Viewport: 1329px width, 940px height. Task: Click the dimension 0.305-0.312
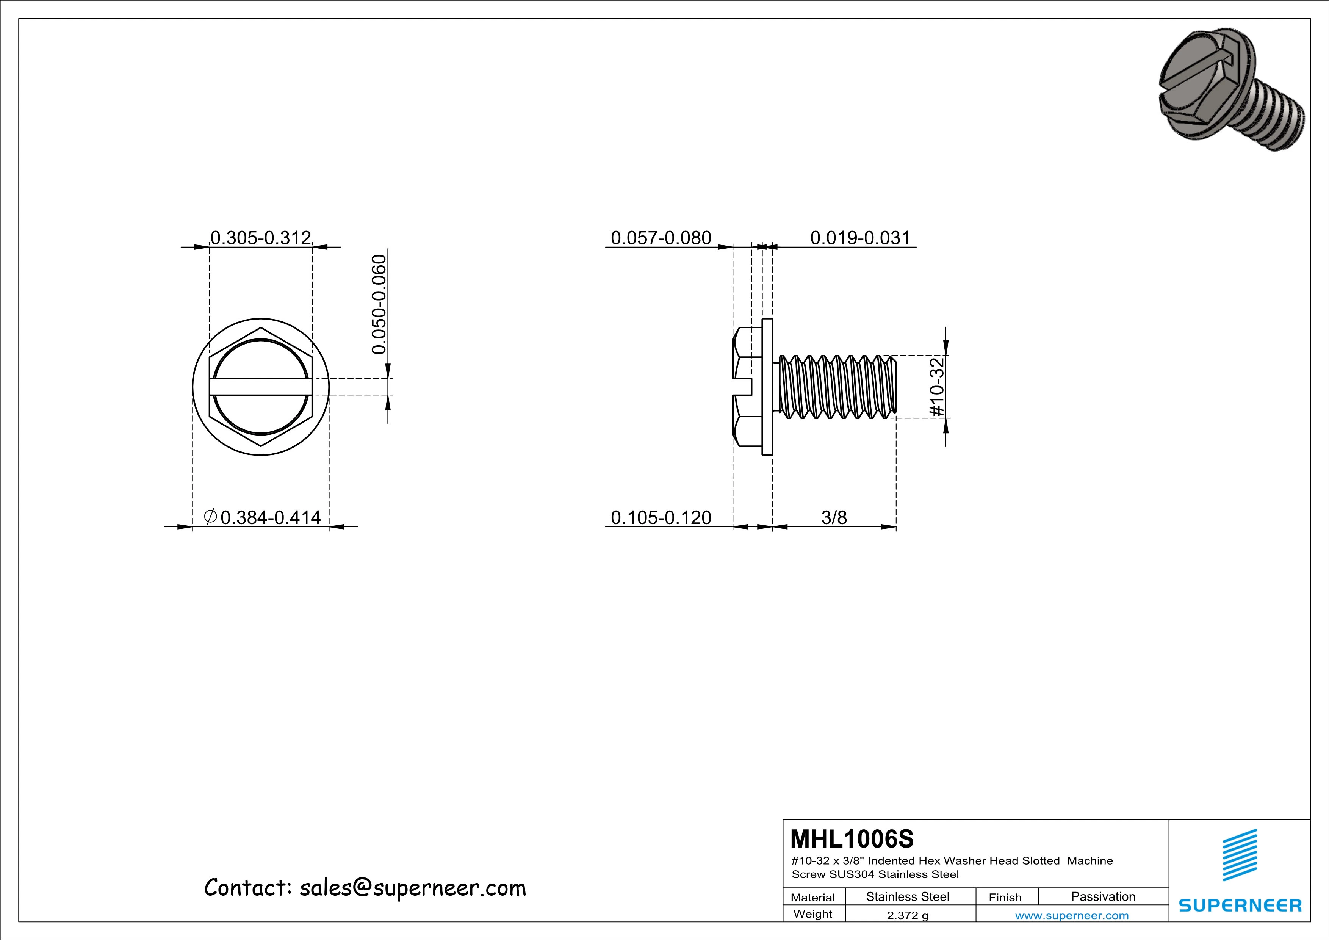[260, 238]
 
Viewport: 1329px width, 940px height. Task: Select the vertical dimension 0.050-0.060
[379, 304]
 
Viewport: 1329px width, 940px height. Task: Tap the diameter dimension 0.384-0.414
[270, 517]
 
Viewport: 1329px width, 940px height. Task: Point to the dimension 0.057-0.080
[661, 238]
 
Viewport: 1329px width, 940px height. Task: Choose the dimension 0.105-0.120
[661, 517]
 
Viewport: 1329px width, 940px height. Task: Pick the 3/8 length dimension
[834, 517]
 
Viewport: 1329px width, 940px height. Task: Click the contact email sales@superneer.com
[412, 888]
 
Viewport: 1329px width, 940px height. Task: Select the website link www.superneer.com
[1071, 916]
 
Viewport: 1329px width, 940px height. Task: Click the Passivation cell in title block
[1103, 896]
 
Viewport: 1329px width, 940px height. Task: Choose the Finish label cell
[1005, 897]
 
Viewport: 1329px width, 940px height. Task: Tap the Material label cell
[813, 897]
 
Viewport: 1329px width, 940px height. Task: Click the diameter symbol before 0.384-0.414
[211, 516]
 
